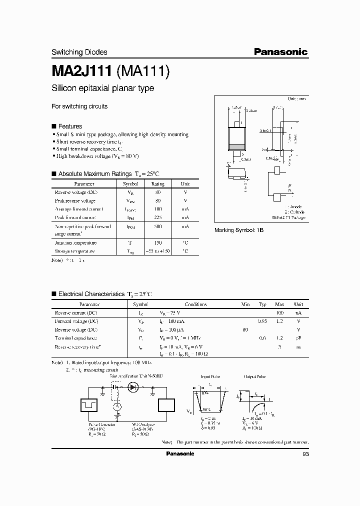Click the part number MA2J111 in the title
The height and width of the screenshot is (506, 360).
(82, 71)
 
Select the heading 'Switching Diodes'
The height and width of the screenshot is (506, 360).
(79, 52)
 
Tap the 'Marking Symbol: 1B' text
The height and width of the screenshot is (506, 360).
(238, 229)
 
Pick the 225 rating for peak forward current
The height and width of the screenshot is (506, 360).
(158, 217)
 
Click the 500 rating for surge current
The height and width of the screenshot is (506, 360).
(158, 226)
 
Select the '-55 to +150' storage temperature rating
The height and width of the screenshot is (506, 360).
(158, 251)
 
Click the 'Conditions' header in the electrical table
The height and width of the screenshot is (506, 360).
(195, 304)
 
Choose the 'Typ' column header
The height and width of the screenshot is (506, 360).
(262, 304)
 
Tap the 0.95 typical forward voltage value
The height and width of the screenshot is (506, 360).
(262, 321)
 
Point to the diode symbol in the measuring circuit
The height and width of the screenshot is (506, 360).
(133, 386)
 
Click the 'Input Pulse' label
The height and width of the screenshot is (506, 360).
(210, 376)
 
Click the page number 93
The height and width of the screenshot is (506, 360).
(306, 454)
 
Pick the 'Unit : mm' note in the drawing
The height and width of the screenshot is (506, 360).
(296, 99)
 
